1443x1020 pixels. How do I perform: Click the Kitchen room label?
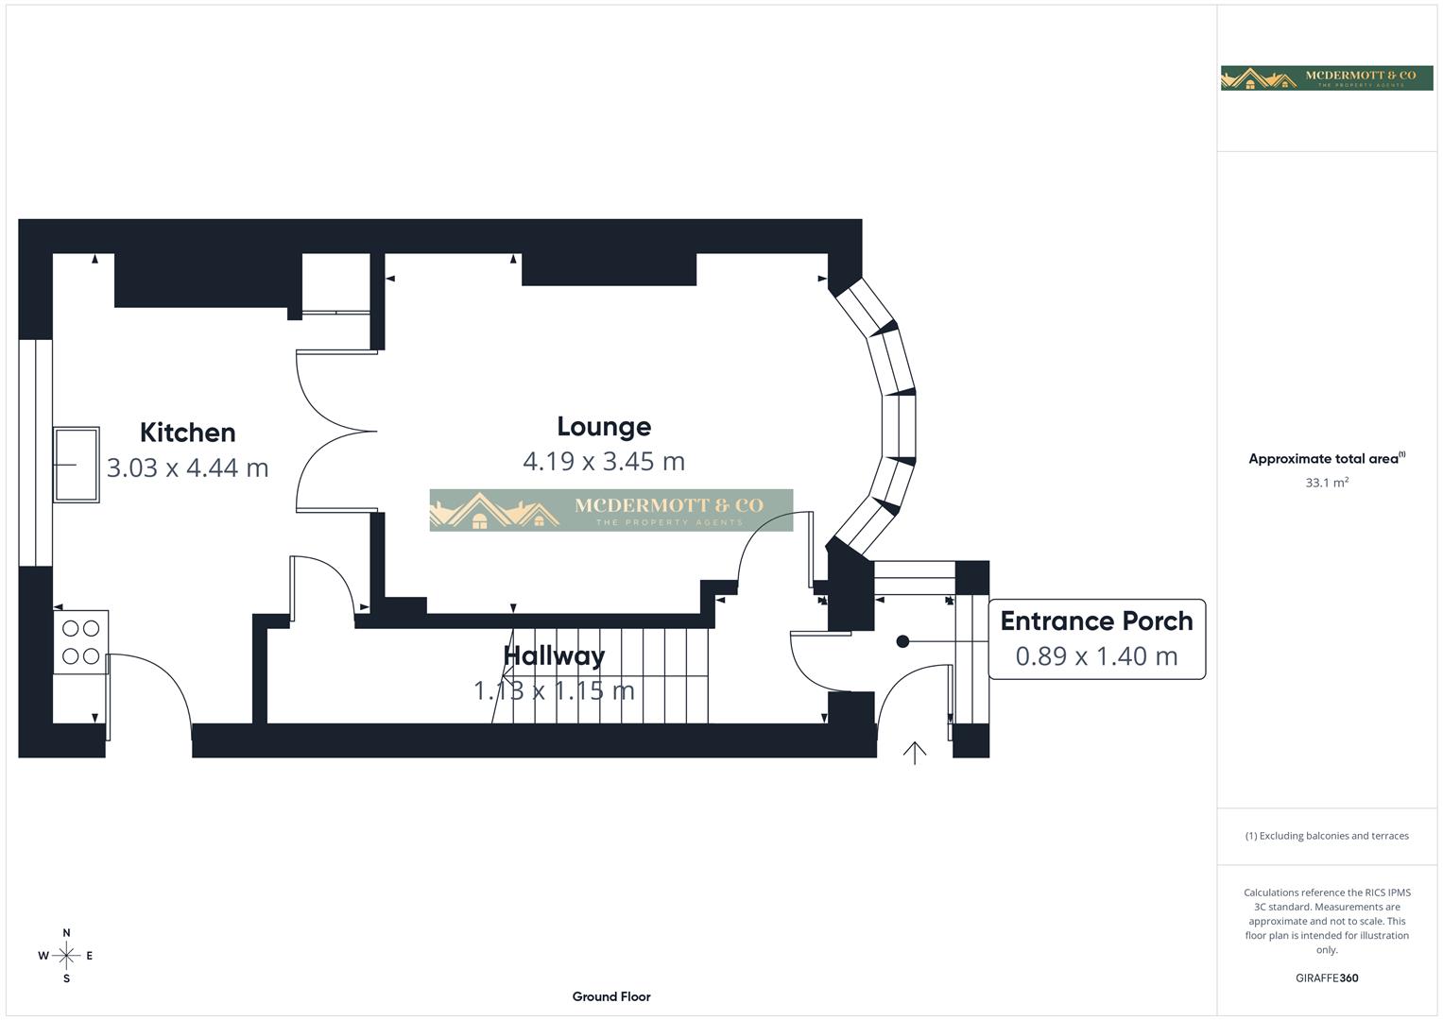pyautogui.click(x=187, y=433)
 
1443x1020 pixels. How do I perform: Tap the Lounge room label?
pyautogui.click(x=604, y=427)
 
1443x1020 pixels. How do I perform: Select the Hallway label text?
pyautogui.click(x=554, y=655)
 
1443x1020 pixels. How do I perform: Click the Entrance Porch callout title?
pyautogui.click(x=1096, y=621)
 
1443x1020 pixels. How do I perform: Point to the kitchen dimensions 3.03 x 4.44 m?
pyautogui.click(x=187, y=467)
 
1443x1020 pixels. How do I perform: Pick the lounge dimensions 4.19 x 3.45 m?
pyautogui.click(x=604, y=461)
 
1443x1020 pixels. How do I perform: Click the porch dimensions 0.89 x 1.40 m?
pyautogui.click(x=1096, y=656)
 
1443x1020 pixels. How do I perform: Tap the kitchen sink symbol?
pyautogui.click(x=76, y=465)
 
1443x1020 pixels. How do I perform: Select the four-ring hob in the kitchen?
pyautogui.click(x=80, y=642)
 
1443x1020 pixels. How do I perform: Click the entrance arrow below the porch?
pyautogui.click(x=914, y=753)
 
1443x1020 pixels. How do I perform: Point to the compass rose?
pyautogui.click(x=66, y=956)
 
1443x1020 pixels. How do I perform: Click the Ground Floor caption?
pyautogui.click(x=611, y=996)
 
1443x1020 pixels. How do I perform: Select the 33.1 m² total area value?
pyautogui.click(x=1327, y=483)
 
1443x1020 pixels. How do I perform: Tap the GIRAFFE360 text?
pyautogui.click(x=1327, y=978)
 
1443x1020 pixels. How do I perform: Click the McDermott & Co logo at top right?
pyautogui.click(x=1327, y=77)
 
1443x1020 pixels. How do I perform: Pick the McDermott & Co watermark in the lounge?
pyautogui.click(x=611, y=510)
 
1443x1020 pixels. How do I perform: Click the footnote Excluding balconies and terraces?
pyautogui.click(x=1327, y=836)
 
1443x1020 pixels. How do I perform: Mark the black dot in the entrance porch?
pyautogui.click(x=902, y=641)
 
